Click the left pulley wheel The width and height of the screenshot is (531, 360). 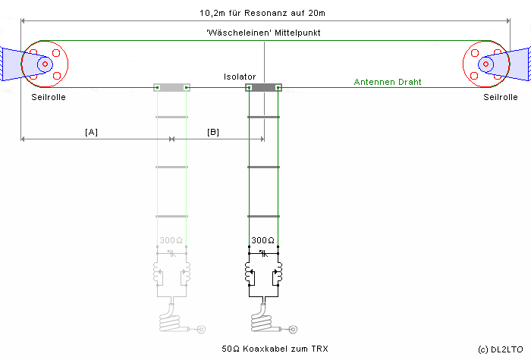(45, 64)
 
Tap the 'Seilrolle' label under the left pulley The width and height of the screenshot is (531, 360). (47, 98)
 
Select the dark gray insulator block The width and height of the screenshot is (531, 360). (263, 88)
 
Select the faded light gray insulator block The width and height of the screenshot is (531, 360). (171, 88)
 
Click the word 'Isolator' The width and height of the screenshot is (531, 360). (240, 77)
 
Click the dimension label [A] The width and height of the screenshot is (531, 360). (91, 132)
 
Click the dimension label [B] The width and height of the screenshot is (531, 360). (213, 132)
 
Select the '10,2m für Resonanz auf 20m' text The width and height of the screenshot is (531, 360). (263, 13)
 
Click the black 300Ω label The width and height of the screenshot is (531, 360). (262, 240)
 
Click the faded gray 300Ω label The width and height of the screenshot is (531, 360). (171, 240)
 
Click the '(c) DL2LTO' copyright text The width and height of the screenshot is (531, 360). (501, 349)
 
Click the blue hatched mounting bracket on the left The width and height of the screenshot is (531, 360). (11, 64)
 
